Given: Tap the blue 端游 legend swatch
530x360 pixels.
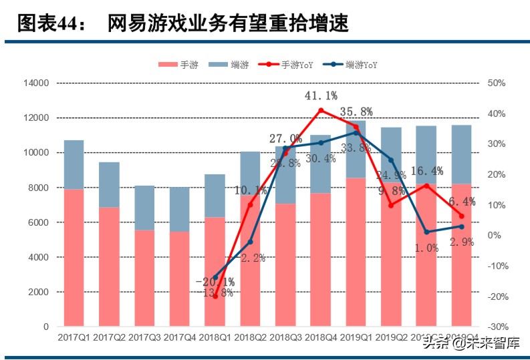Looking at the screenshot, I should (x=218, y=65).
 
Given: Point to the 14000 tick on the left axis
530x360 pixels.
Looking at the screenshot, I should (x=36, y=83).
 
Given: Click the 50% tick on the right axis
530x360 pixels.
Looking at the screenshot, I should (x=497, y=83).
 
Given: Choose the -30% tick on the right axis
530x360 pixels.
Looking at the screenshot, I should (x=497, y=327).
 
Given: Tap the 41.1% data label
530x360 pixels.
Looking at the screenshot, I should (x=321, y=97).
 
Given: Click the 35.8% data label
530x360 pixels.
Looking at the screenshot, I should (x=356, y=112).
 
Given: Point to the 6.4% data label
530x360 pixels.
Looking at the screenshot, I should (x=461, y=201).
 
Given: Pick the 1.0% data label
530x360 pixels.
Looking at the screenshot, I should (x=427, y=247).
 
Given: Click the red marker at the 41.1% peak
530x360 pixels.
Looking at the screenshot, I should (x=321, y=110).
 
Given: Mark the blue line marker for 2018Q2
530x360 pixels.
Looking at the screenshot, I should (x=250, y=242).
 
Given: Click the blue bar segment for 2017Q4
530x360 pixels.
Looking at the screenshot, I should (x=180, y=210).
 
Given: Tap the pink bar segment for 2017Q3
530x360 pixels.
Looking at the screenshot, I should (x=144, y=279).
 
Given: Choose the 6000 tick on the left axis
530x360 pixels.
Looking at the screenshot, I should (x=39, y=223).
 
